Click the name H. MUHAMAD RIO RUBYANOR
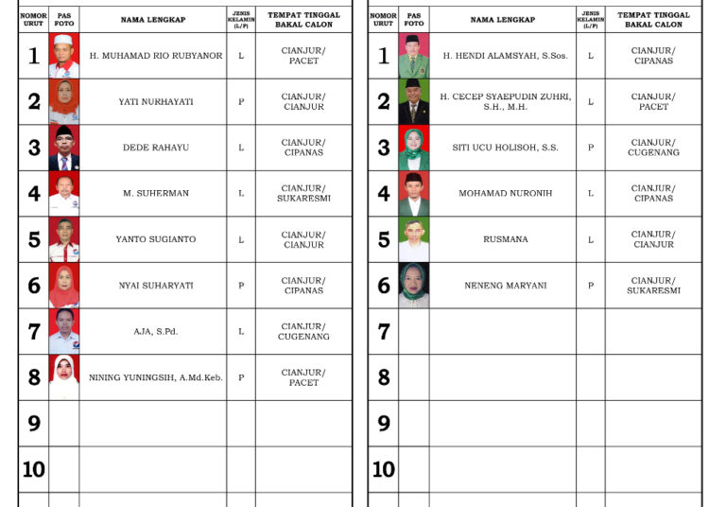tap(156, 56)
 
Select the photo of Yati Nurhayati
tap(64, 101)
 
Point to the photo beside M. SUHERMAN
tap(64, 193)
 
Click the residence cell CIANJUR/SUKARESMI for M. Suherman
tap(303, 194)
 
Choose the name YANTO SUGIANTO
tap(156, 239)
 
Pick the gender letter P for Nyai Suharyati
tap(241, 286)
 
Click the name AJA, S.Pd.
tap(156, 331)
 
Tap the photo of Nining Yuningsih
tap(64, 377)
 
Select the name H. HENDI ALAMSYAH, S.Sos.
tap(505, 56)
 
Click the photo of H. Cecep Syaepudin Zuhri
tap(413, 101)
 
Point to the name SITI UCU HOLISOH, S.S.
tap(505, 148)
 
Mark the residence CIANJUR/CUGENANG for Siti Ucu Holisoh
tap(653, 148)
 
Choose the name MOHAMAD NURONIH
tap(505, 193)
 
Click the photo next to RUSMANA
tap(413, 239)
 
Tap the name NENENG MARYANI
tap(505, 286)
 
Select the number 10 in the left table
tap(34, 469)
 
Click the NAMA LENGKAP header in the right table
tap(503, 19)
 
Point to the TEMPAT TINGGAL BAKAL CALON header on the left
tap(303, 19)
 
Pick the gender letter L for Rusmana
tap(591, 239)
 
